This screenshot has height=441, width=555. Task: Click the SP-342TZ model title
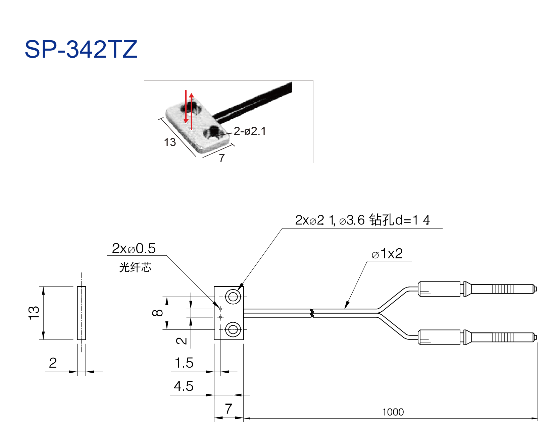click(x=81, y=49)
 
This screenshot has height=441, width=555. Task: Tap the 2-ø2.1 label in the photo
click(x=250, y=131)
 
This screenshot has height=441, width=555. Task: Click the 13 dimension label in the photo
click(x=170, y=142)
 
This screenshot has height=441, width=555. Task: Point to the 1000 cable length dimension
click(x=393, y=412)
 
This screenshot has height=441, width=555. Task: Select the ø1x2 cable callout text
click(x=387, y=254)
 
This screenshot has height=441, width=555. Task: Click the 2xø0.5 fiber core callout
click(x=134, y=248)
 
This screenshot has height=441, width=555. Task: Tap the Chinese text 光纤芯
click(x=136, y=267)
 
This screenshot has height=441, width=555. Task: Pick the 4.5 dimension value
click(x=184, y=386)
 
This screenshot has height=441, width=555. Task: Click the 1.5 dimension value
click(x=184, y=363)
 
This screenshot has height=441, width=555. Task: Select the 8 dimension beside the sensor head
click(x=157, y=313)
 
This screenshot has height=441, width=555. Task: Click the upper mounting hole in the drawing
click(x=233, y=297)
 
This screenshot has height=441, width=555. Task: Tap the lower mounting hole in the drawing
click(x=233, y=329)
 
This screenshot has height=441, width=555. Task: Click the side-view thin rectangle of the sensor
click(x=82, y=313)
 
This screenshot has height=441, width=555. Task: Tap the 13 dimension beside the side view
click(x=34, y=313)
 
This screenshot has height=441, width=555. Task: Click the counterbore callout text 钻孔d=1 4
click(x=399, y=220)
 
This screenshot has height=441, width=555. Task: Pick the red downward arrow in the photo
click(x=186, y=107)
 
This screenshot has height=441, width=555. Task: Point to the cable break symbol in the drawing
click(x=312, y=313)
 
